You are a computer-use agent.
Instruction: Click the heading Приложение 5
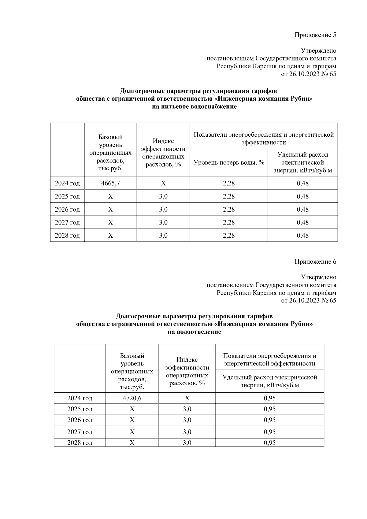coord(315,35)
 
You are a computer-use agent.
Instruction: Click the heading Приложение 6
coord(315,261)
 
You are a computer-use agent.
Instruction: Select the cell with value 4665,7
coord(110,183)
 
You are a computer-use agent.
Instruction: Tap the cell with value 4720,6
coord(132,398)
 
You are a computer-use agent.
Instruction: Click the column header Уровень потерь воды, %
coord(229,162)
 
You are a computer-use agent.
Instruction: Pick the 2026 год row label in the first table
coord(67,209)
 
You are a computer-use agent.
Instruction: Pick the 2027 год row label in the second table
coord(80,432)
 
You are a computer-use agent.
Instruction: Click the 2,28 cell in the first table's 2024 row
coord(229,183)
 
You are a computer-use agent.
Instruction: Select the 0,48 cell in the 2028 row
coord(302,235)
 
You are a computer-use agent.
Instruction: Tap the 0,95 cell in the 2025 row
coord(269,409)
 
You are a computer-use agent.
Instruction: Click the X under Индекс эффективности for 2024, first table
coord(163,183)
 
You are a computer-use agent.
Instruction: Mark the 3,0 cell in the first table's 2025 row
coord(163,196)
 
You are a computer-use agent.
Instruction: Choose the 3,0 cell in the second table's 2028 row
coord(187,443)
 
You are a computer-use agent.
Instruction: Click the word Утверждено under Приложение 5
coord(318,50)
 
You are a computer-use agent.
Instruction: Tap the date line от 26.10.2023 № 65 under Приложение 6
coord(308,300)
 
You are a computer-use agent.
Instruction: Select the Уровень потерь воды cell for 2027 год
coord(229,222)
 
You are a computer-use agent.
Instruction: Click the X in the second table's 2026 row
coord(132,420)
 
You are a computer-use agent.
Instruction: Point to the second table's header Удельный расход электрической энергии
coord(269,381)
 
